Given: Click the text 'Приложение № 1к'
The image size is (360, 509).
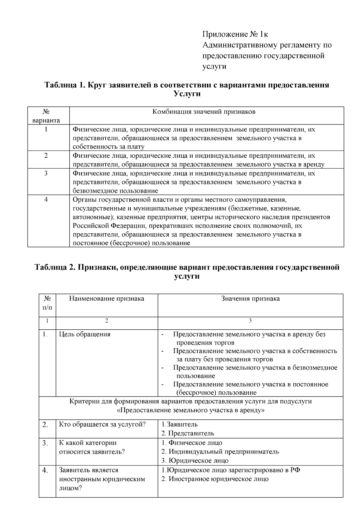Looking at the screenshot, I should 235,34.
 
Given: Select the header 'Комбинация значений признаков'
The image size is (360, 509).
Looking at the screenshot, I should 204,112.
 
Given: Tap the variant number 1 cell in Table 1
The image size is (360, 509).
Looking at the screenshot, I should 46,129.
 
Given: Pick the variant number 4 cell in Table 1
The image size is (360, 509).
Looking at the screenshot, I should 46,199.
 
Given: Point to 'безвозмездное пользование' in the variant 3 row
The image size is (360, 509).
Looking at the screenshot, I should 115,191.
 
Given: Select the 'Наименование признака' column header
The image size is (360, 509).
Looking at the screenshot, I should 106,298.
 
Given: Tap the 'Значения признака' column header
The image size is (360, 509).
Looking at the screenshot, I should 250,298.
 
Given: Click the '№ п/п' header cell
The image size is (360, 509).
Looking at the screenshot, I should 47,303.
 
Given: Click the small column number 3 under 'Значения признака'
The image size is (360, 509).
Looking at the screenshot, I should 250,321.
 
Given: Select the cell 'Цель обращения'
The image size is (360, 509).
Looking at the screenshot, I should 85,334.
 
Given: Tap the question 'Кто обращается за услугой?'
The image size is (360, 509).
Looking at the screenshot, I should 102,424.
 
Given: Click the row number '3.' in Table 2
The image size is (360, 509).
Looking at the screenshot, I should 45,443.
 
